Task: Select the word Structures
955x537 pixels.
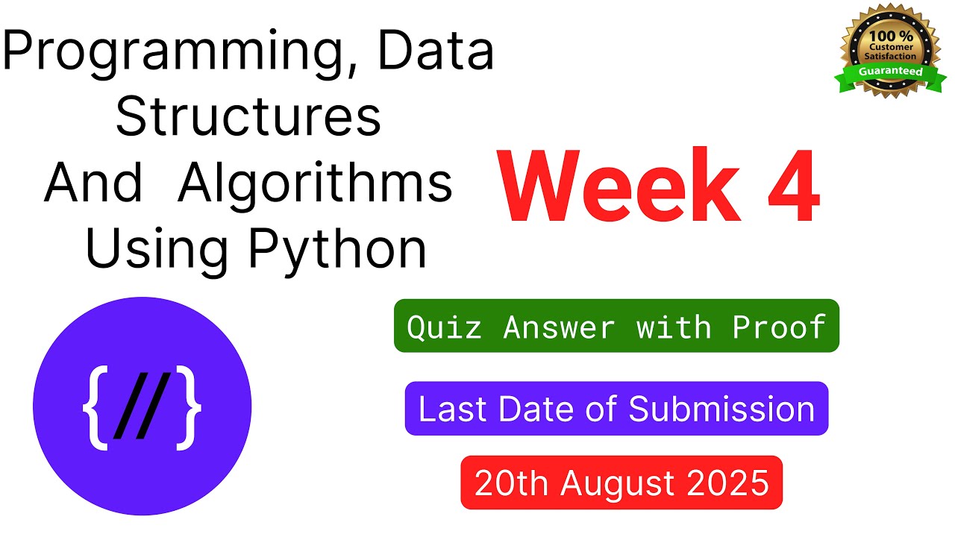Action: pos(248,118)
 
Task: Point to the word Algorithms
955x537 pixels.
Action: pos(315,183)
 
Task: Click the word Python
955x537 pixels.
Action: pos(337,250)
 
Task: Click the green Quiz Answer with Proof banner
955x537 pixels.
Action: pos(616,326)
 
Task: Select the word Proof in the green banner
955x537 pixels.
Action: pos(779,326)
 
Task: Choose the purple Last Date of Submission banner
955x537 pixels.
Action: pos(616,409)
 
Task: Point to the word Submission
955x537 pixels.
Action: pos(721,409)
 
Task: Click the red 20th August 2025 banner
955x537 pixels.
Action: pos(621,483)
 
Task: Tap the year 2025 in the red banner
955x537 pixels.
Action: pos(728,483)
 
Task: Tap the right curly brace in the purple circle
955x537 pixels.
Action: pos(190,407)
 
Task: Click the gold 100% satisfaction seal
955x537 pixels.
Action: pos(889,49)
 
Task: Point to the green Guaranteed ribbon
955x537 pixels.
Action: pos(889,72)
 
